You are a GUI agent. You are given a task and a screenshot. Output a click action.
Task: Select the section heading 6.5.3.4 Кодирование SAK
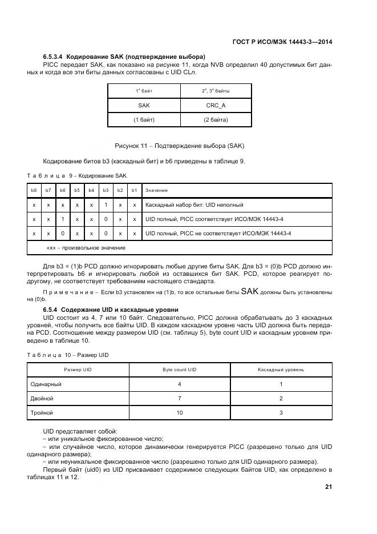pos(124,57)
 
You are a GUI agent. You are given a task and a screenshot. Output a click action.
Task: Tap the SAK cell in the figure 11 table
pos(144,106)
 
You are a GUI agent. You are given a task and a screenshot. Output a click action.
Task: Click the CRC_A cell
pos(216,106)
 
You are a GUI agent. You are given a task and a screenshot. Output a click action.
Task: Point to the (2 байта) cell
pos(216,120)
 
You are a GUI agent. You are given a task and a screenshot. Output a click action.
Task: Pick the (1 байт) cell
pos(144,120)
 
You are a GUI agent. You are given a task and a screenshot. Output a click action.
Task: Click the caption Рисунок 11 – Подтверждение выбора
pos(180,146)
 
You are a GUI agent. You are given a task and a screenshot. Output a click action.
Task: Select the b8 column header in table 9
pos(34,190)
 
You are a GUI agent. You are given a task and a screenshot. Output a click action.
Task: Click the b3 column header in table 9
pos(106,190)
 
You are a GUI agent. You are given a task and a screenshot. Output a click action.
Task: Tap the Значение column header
pos(157,190)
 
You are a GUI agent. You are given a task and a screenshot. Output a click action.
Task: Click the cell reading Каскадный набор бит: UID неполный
pos(194,204)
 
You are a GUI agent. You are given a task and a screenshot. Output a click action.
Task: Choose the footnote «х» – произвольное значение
pos(86,248)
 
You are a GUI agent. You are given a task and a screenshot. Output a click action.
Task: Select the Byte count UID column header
pos(179,370)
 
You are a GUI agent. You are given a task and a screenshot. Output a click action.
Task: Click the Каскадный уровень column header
pos(281,370)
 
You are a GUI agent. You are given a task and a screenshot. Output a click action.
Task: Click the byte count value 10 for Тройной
pos(179,412)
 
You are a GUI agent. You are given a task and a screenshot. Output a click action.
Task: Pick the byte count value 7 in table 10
pos(179,398)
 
